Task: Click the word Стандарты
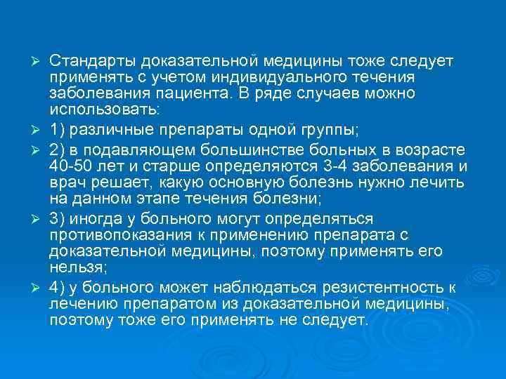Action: click(x=92, y=62)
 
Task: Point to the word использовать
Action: click(x=104, y=110)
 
